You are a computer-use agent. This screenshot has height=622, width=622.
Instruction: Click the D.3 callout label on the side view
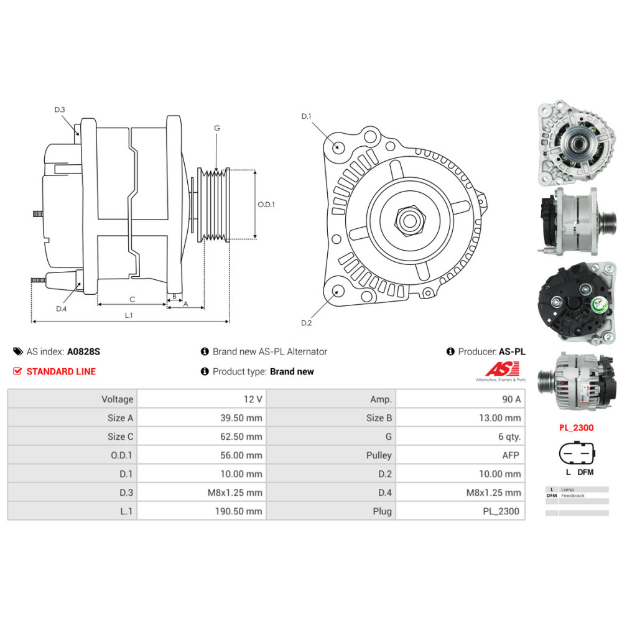click(60, 109)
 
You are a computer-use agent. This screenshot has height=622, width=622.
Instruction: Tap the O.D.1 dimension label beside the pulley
click(266, 205)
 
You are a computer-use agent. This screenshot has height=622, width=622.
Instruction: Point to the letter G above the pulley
click(217, 128)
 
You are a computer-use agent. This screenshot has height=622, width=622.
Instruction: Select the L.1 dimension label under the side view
click(129, 315)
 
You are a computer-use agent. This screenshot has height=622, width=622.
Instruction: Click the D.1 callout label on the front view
click(306, 116)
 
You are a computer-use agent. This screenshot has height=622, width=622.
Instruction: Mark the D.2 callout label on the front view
click(306, 323)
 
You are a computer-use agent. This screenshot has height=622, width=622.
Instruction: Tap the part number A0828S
click(84, 351)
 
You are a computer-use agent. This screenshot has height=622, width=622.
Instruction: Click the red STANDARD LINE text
click(61, 372)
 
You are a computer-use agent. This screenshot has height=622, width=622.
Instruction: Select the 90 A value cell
click(460, 399)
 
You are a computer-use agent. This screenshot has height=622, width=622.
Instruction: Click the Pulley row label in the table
click(379, 455)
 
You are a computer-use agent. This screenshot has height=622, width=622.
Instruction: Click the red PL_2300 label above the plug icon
click(577, 428)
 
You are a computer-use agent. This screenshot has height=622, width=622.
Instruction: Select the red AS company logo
click(502, 369)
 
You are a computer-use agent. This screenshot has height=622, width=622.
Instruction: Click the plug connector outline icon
click(577, 453)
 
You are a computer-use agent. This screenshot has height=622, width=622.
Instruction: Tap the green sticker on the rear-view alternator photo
click(598, 305)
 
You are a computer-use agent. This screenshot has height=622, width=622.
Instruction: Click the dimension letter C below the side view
click(132, 300)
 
